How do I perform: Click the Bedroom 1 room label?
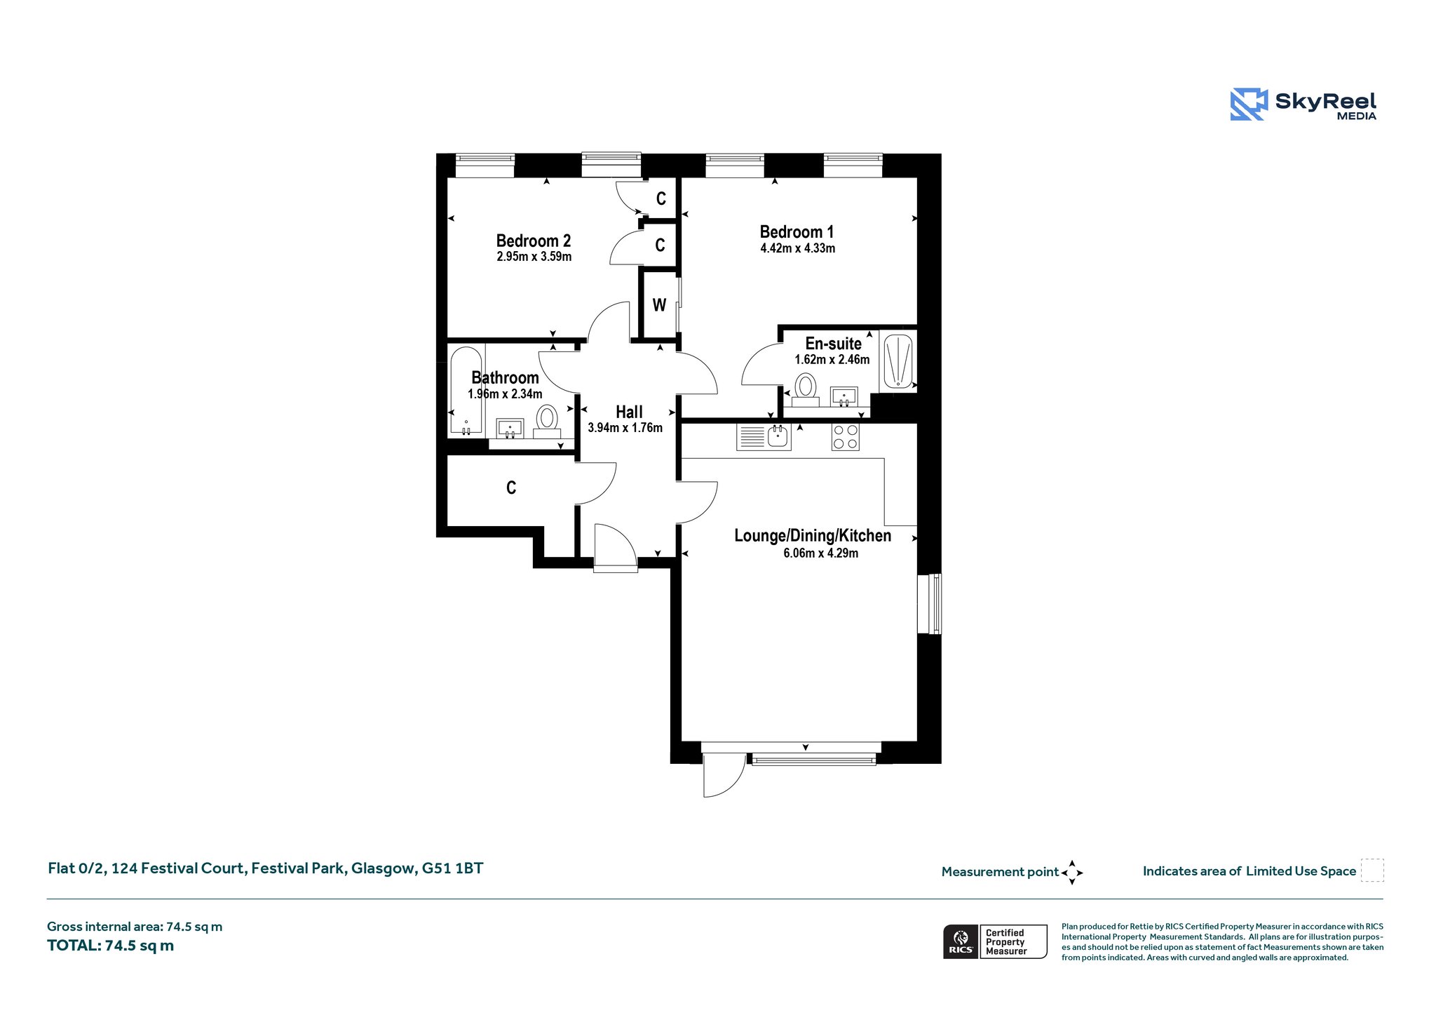tap(797, 232)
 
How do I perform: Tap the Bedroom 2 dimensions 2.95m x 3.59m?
tap(534, 257)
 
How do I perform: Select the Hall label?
tap(629, 412)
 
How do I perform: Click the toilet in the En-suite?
tap(806, 389)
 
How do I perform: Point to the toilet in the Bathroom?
tap(547, 421)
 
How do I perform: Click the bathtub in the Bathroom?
tap(466, 391)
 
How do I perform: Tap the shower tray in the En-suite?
tap(897, 361)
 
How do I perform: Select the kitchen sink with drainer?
tap(764, 437)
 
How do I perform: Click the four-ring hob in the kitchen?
tap(845, 437)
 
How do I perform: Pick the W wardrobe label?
tap(659, 305)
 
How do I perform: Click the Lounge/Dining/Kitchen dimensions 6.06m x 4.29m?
tap(820, 553)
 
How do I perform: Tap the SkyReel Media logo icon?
tap(1249, 105)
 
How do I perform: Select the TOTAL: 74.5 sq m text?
tap(111, 946)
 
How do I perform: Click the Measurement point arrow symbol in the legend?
tap(1072, 873)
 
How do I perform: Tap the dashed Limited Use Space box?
tap(1372, 871)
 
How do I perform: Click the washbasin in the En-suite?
tap(844, 396)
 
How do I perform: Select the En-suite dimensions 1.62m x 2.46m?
tap(832, 360)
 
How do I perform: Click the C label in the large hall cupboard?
tap(511, 488)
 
